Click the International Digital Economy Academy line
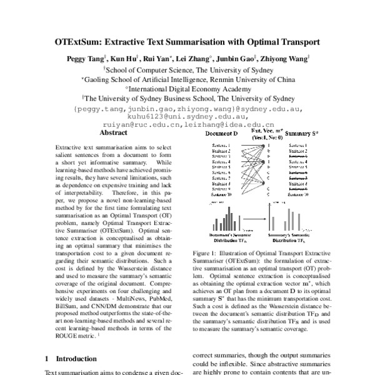click(188, 89)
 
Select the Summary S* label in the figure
click(302, 134)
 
